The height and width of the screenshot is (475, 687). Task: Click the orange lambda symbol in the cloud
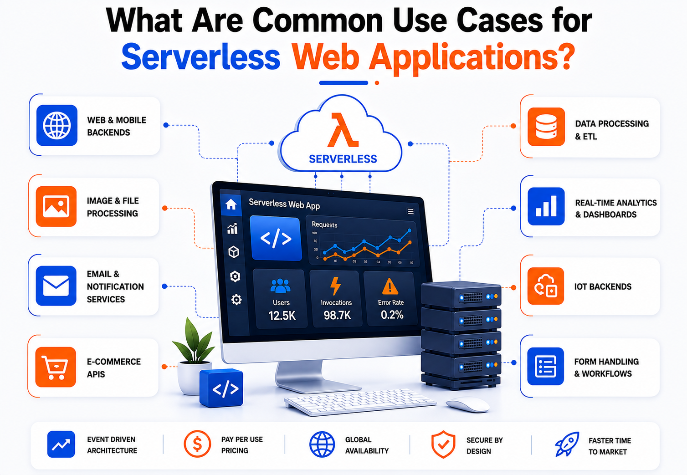tap(343, 130)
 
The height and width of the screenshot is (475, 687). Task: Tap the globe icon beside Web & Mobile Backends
tap(57, 125)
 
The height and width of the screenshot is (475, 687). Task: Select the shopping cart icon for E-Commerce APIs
tap(56, 367)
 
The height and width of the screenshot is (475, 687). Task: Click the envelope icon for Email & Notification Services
tap(56, 286)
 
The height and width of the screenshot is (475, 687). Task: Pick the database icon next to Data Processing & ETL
tap(546, 127)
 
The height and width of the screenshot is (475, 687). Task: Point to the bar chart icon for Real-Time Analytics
tap(546, 206)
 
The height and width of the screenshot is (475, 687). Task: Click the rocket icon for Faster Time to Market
tap(567, 444)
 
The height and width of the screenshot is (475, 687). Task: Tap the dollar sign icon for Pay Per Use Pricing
tap(197, 444)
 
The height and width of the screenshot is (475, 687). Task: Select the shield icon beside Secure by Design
tap(443, 444)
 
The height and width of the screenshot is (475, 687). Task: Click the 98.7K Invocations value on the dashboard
tap(337, 315)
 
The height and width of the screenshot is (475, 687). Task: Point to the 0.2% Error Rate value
tap(392, 315)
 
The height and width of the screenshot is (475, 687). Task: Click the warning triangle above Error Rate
tap(390, 286)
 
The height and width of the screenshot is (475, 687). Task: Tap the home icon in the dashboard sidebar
tap(231, 204)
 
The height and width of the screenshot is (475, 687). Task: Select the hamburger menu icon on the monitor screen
tap(410, 211)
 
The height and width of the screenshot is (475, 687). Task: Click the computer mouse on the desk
tap(468, 404)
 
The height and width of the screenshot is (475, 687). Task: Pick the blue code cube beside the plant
tap(221, 388)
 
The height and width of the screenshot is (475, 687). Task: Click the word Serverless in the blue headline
tap(201, 57)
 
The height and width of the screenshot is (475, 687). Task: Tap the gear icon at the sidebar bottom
tap(236, 300)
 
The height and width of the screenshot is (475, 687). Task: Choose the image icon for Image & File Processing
tap(56, 206)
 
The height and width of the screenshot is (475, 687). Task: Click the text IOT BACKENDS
tap(603, 287)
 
